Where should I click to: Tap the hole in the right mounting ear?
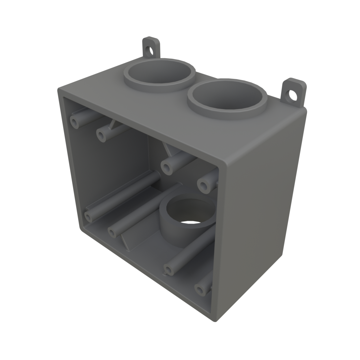(292, 95)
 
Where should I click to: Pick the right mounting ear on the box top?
(294, 92)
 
